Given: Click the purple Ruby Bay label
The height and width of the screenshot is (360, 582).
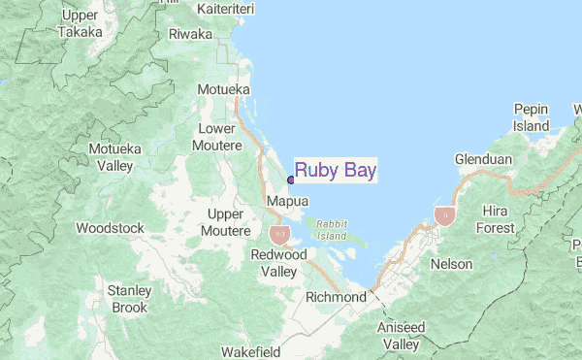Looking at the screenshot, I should (336, 171).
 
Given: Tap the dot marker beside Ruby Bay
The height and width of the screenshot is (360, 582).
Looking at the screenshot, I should (291, 180).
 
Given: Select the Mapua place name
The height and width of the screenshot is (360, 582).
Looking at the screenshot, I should (287, 201).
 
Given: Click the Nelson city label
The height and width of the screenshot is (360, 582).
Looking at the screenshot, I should (452, 264).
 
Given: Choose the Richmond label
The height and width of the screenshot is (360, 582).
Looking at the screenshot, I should (336, 297).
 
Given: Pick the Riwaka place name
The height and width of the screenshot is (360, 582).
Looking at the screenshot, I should (190, 34).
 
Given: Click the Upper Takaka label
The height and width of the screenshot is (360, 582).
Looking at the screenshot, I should (85, 23).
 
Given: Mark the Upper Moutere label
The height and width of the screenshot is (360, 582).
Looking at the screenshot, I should (224, 222).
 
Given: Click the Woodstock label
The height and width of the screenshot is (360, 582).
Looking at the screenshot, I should (110, 229).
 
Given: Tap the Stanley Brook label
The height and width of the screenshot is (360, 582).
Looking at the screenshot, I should (128, 299).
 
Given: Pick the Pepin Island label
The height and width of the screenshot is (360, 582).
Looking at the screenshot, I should (531, 117).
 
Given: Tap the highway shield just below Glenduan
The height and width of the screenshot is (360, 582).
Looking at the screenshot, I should (445, 215).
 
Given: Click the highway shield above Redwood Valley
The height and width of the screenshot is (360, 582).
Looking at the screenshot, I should (279, 234).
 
